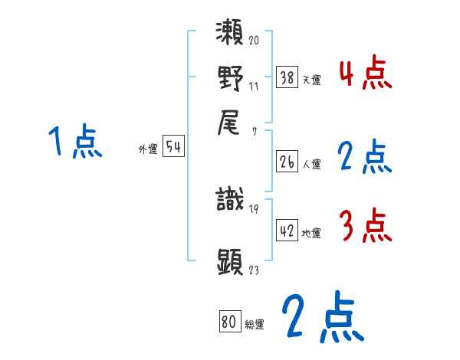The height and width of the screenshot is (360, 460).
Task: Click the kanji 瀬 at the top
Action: [230, 34]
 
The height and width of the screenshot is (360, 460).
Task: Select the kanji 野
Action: [230, 78]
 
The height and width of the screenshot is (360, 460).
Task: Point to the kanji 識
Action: [230, 201]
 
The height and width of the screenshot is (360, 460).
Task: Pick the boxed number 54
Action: [174, 148]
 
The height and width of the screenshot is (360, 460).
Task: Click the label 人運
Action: [311, 164]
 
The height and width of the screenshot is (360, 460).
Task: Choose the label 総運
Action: [255, 324]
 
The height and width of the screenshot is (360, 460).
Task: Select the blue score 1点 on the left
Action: [76, 142]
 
